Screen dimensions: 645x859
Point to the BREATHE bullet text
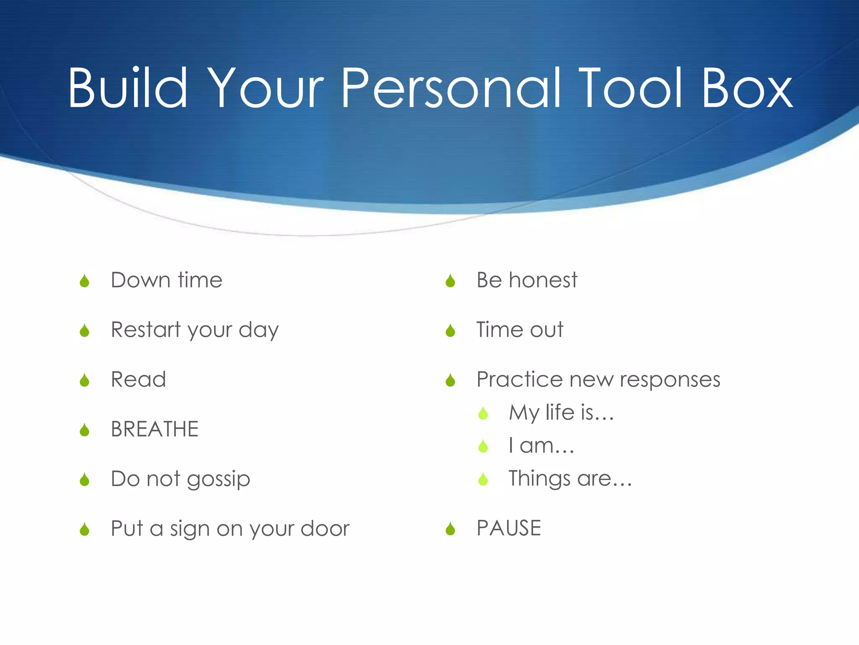pyautogui.click(x=154, y=429)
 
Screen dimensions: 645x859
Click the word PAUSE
pyautogui.click(x=509, y=528)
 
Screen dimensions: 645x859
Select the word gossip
pyautogui.click(x=219, y=480)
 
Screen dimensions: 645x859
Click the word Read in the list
pyautogui.click(x=138, y=380)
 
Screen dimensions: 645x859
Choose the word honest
pyautogui.click(x=543, y=280)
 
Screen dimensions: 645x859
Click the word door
pyautogui.click(x=325, y=529)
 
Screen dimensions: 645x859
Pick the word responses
pyautogui.click(x=670, y=380)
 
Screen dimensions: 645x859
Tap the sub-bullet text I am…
pyautogui.click(x=541, y=446)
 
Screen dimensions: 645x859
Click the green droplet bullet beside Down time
pyautogui.click(x=85, y=281)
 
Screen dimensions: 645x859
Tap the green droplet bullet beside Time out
pyautogui.click(x=450, y=330)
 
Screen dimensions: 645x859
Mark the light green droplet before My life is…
pyautogui.click(x=483, y=413)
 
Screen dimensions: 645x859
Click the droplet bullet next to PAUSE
pyautogui.click(x=450, y=529)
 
